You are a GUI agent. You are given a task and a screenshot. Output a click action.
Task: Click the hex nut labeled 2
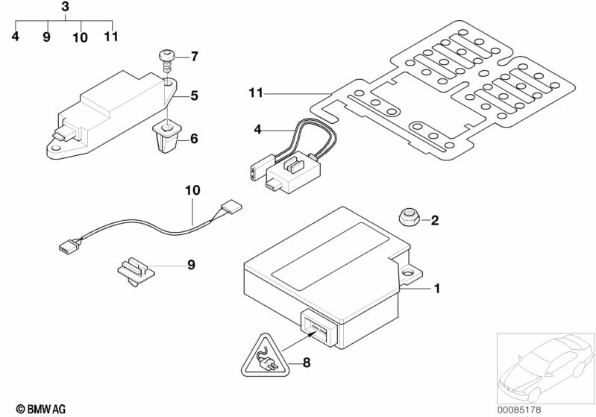(409, 217)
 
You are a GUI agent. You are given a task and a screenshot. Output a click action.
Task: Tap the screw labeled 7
(166, 60)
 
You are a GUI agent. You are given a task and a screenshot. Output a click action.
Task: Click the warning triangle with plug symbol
(265, 356)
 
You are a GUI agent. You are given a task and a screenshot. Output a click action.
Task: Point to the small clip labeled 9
(136, 270)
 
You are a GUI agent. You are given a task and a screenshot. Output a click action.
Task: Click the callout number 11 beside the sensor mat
(256, 93)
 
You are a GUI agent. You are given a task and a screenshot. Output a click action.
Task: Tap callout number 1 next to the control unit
(437, 289)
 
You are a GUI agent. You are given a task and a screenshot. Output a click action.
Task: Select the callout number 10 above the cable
(192, 190)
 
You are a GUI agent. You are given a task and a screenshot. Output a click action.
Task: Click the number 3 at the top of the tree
(66, 7)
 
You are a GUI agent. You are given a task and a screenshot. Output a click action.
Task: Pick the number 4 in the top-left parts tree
(15, 37)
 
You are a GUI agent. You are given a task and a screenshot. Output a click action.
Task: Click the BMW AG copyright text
(41, 409)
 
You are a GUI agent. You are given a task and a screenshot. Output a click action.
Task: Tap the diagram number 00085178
(519, 410)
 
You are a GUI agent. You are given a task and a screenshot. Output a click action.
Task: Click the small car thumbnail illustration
(545, 368)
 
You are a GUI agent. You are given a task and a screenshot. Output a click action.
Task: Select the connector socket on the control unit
(319, 327)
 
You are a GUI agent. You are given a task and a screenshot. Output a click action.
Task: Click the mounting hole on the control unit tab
(409, 272)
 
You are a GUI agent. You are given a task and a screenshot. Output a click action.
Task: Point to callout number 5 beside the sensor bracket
(194, 95)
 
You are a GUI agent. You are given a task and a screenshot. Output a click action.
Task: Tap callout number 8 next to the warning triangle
(307, 363)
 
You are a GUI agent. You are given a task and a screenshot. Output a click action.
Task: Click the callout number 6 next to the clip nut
(194, 139)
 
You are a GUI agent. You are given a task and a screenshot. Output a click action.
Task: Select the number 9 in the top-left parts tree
(46, 37)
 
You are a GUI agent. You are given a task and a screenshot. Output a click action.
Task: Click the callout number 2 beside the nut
(435, 220)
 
